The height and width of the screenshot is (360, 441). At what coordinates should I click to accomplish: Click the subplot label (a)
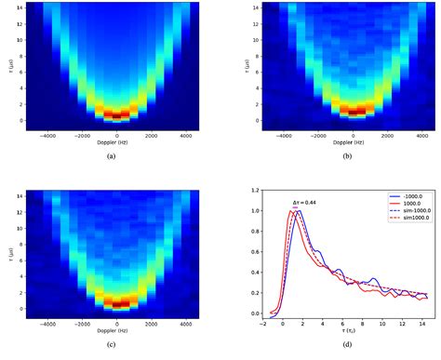pos(112,156)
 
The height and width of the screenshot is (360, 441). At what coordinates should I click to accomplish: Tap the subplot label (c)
pos(112,345)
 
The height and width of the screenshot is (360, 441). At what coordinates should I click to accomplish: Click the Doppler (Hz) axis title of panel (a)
pos(112,142)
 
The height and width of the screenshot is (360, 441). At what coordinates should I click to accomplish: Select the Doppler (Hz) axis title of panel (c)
pos(112,331)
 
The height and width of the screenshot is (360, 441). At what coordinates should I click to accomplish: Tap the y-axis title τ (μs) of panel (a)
pos(7,68)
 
